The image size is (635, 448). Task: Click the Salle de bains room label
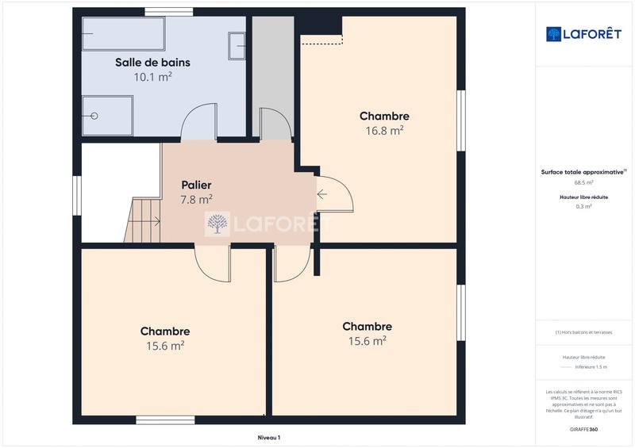(152, 62)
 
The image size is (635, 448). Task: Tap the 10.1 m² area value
(152, 77)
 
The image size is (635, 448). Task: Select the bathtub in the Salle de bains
(123, 33)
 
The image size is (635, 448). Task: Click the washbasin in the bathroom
(237, 45)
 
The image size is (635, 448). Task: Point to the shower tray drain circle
(94, 116)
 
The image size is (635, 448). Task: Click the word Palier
(195, 185)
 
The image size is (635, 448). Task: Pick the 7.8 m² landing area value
(195, 199)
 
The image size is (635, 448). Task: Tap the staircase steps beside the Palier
(144, 220)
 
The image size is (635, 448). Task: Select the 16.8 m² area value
(384, 131)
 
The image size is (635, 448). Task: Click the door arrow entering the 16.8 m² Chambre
(322, 193)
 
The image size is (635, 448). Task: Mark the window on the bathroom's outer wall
(168, 11)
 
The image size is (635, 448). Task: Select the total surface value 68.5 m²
(583, 182)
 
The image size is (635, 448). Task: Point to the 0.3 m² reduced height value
(583, 206)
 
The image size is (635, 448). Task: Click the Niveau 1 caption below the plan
(269, 437)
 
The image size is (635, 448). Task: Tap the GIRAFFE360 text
(583, 428)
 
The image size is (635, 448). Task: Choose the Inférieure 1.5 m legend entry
(591, 367)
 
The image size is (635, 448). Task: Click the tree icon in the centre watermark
(217, 224)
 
